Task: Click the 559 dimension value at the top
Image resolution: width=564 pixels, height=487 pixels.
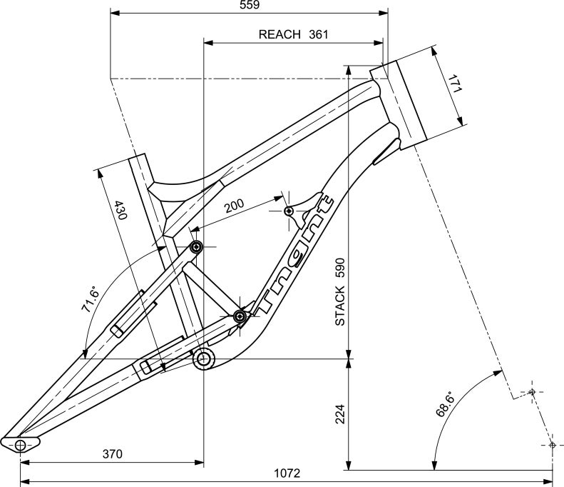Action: [x=250, y=5]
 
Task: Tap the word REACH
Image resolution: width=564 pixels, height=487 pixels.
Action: [x=280, y=34]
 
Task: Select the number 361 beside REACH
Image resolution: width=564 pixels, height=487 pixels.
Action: [x=319, y=34]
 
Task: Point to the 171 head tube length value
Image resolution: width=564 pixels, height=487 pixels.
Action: [x=455, y=84]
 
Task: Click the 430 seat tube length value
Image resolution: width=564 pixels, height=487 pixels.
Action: [x=120, y=211]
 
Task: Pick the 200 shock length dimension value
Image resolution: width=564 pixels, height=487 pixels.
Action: [x=234, y=206]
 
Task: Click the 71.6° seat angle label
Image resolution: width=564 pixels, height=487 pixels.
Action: [x=90, y=299]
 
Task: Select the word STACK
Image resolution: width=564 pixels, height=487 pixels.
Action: [x=340, y=306]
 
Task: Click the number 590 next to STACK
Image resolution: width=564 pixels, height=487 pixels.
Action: [x=340, y=268]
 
